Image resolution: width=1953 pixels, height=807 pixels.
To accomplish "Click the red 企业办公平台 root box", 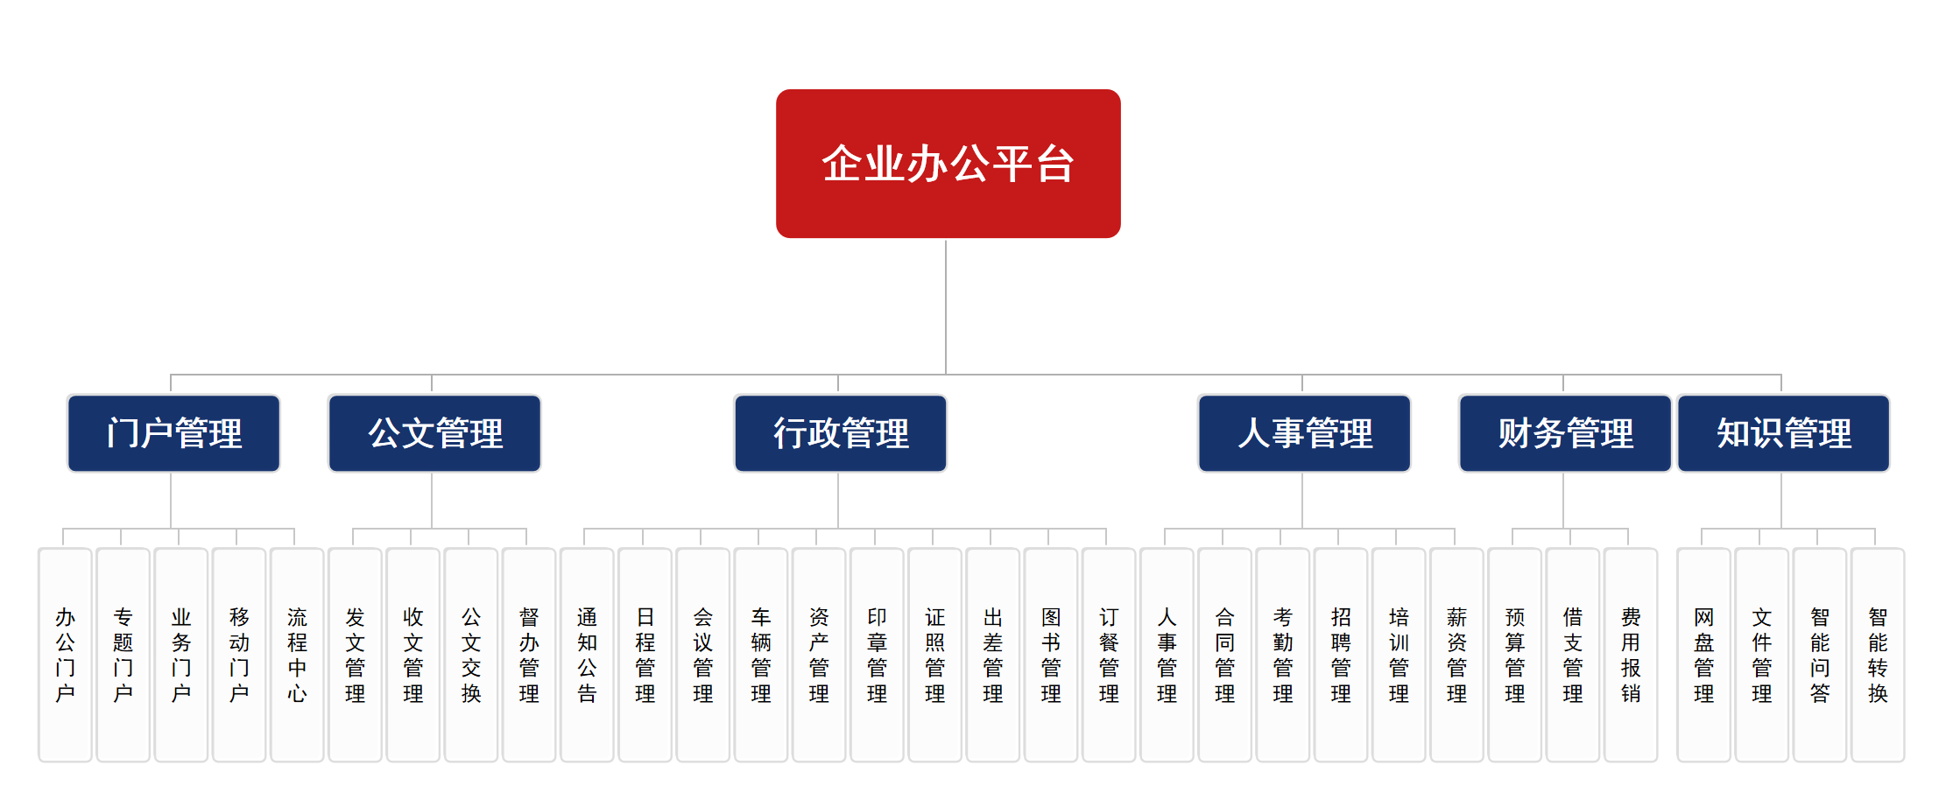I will pyautogui.click(x=948, y=164).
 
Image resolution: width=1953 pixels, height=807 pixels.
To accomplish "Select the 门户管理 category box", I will pyautogui.click(x=173, y=433).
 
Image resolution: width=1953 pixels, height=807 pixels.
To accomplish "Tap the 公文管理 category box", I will pyautogui.click(x=434, y=433).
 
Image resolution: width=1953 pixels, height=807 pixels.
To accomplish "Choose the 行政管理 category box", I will pyautogui.click(x=840, y=433).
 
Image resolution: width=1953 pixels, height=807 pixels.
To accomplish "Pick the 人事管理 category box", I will pyautogui.click(x=1304, y=433).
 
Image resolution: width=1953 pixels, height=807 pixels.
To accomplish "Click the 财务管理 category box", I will pyautogui.click(x=1565, y=433).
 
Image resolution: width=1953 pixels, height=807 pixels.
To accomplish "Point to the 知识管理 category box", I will pyautogui.click(x=1783, y=433).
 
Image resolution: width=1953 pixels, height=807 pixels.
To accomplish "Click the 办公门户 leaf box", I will pyautogui.click(x=65, y=655).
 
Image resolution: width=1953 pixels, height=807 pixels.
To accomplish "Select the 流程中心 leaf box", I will pyautogui.click(x=297, y=655).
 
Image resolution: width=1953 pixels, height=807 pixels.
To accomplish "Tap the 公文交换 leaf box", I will pyautogui.click(x=471, y=655).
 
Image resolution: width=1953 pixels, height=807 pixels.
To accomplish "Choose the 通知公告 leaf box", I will pyautogui.click(x=587, y=655).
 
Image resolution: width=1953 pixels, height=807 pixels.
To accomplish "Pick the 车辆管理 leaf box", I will pyautogui.click(x=761, y=655).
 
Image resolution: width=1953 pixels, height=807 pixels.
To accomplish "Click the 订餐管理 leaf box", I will pyautogui.click(x=1109, y=655).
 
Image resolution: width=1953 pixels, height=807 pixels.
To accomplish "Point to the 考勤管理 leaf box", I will pyautogui.click(x=1283, y=655).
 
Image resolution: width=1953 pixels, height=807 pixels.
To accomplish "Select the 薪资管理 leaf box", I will pyautogui.click(x=1456, y=655).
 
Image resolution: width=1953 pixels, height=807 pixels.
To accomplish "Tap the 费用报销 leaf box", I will pyautogui.click(x=1631, y=655).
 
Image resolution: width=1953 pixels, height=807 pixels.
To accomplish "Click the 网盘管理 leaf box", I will pyautogui.click(x=1703, y=655).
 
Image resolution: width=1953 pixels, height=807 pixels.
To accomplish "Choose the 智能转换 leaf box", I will pyautogui.click(x=1878, y=655).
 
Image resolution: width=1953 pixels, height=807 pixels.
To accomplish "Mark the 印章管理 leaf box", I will pyautogui.click(x=877, y=655).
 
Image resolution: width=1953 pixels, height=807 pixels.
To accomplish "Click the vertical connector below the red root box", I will pyautogui.click(x=946, y=306).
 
